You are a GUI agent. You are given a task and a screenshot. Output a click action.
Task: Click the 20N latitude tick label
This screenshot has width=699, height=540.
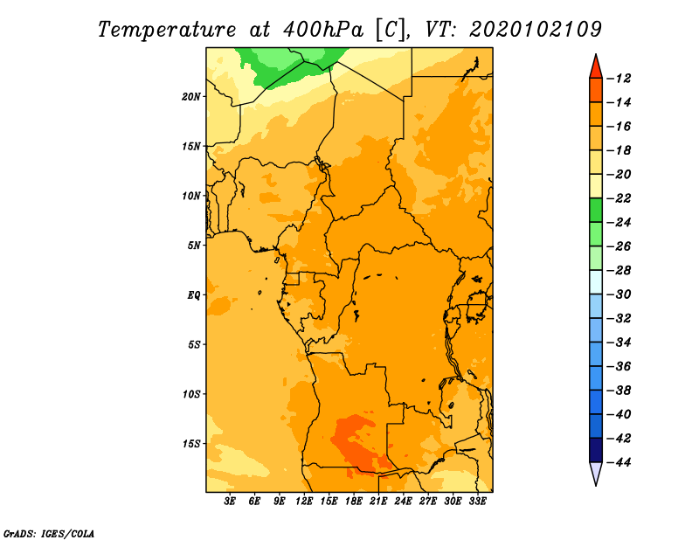pos(191,96)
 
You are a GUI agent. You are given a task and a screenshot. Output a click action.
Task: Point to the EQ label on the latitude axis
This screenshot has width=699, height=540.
pos(193,295)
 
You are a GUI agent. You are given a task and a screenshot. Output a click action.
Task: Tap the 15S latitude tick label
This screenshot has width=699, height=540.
pos(191,444)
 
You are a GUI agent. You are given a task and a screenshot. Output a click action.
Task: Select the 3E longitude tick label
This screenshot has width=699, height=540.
pos(230,501)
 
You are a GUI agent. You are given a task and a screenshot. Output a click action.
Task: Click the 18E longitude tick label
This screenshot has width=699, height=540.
pos(354,501)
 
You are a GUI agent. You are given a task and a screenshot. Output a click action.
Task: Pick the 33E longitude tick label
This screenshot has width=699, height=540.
pos(477,501)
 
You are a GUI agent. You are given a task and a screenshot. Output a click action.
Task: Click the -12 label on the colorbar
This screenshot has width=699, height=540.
pos(619,79)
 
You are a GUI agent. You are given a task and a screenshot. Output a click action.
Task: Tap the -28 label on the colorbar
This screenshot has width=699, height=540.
pos(619,270)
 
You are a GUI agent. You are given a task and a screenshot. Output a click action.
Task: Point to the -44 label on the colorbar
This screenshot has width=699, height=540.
pos(619,462)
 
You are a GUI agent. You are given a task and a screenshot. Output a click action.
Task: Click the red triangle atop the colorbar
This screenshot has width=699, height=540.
pos(596,68)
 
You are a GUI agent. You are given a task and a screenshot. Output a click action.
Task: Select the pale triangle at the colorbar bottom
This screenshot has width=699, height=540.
pos(596,473)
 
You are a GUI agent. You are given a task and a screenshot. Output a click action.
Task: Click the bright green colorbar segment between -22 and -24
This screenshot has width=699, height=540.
pos(596,210)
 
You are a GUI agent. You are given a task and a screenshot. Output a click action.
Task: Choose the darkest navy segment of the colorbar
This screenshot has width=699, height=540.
pos(596,450)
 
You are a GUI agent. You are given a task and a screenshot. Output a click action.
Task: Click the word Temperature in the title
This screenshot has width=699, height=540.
pos(167,30)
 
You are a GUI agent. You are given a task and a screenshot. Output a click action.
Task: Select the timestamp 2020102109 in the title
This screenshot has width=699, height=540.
pos(536,30)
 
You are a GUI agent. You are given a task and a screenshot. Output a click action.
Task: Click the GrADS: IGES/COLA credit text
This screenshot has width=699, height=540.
pos(49,534)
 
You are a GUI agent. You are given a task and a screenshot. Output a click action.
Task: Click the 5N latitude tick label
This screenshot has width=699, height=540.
pos(194,246)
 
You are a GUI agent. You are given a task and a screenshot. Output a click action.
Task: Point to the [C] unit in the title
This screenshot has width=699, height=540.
pos(391,30)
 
